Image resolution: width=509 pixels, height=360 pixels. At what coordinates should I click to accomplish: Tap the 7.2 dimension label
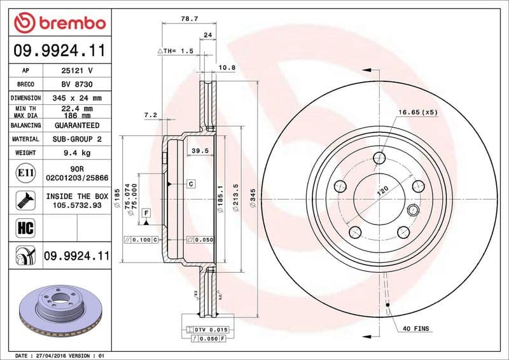point(151,115)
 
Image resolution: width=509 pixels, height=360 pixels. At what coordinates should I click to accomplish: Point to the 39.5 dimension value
point(200,151)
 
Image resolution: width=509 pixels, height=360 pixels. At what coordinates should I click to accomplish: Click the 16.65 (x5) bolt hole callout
point(418,113)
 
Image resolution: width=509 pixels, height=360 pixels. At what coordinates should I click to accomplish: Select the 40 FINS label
point(416,329)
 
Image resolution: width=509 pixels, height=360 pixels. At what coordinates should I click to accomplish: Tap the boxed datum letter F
point(146,212)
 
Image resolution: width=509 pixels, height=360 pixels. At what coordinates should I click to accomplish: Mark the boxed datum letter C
point(190,184)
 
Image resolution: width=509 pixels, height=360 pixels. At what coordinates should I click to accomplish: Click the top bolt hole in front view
point(380,158)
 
